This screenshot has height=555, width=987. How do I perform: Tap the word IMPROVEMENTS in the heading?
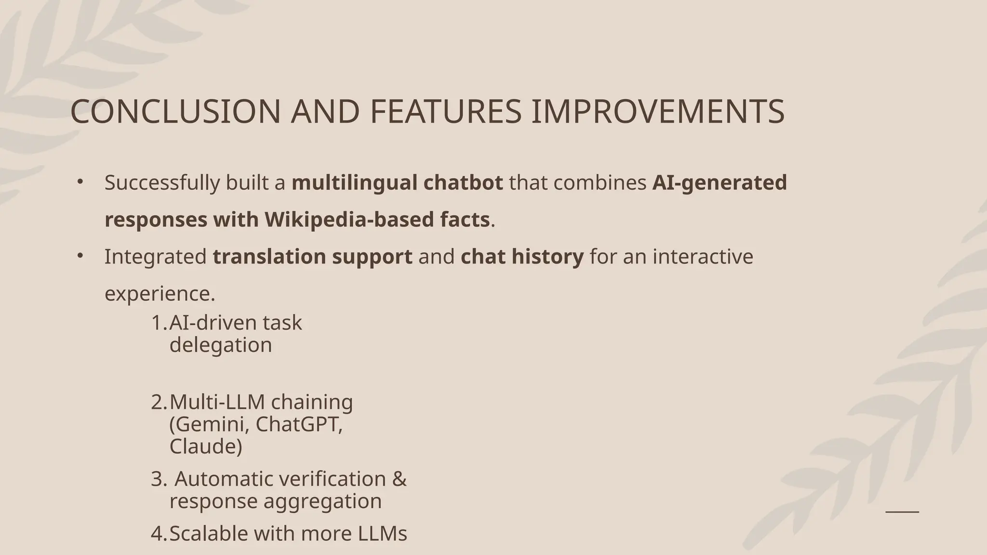pyautogui.click(x=657, y=112)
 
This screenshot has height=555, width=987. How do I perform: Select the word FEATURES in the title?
pyautogui.click(x=445, y=112)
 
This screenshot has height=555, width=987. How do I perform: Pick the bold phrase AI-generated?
pyautogui.click(x=719, y=183)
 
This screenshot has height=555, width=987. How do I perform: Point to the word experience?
pyautogui.click(x=160, y=294)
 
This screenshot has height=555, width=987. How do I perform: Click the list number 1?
pyautogui.click(x=159, y=323)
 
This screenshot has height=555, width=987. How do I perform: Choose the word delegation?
pyautogui.click(x=221, y=345)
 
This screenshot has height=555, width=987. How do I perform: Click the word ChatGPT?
pyautogui.click(x=299, y=424)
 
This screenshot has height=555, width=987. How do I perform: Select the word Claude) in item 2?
pyautogui.click(x=206, y=446)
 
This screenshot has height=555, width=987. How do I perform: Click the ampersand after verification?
pyautogui.click(x=400, y=479)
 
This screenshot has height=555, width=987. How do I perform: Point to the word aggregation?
pyautogui.click(x=322, y=501)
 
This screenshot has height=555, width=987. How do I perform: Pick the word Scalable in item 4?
pyautogui.click(x=209, y=534)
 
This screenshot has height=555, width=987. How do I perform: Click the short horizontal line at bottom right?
pyautogui.click(x=902, y=511)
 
